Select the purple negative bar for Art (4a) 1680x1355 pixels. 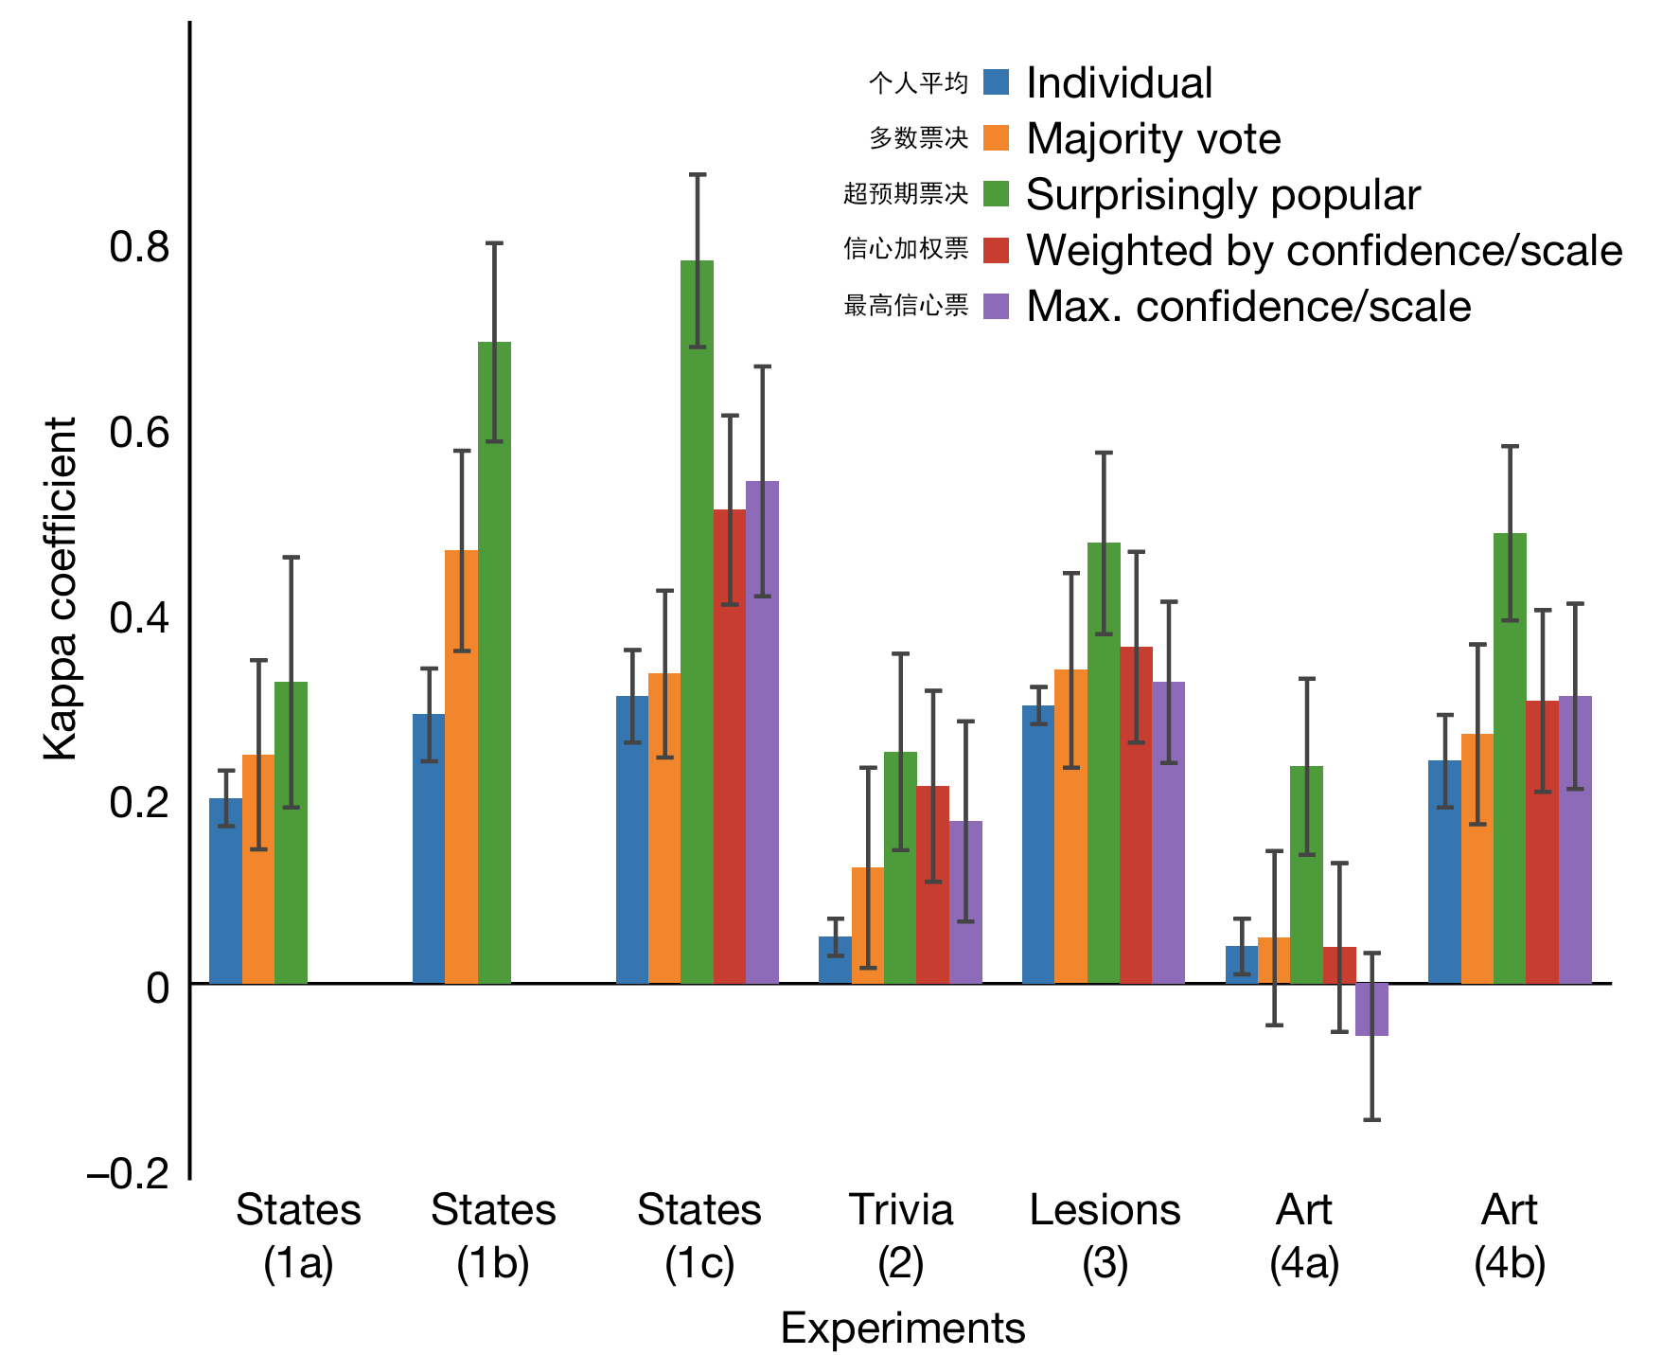[x=1371, y=1009]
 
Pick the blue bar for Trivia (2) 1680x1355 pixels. [x=835, y=960]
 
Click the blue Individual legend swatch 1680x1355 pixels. [x=997, y=82]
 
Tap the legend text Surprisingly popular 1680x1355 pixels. [x=1223, y=195]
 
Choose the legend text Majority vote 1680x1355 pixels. [x=1153, y=139]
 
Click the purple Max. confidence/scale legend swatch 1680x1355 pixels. [x=997, y=306]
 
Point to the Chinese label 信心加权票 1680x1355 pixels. [x=906, y=249]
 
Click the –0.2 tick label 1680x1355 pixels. [x=128, y=1174]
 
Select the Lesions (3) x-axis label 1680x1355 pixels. [x=1105, y=1236]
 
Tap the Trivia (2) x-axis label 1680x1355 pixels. [x=900, y=1236]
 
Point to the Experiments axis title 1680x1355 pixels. [x=902, y=1328]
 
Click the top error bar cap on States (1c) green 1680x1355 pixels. [x=698, y=175]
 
